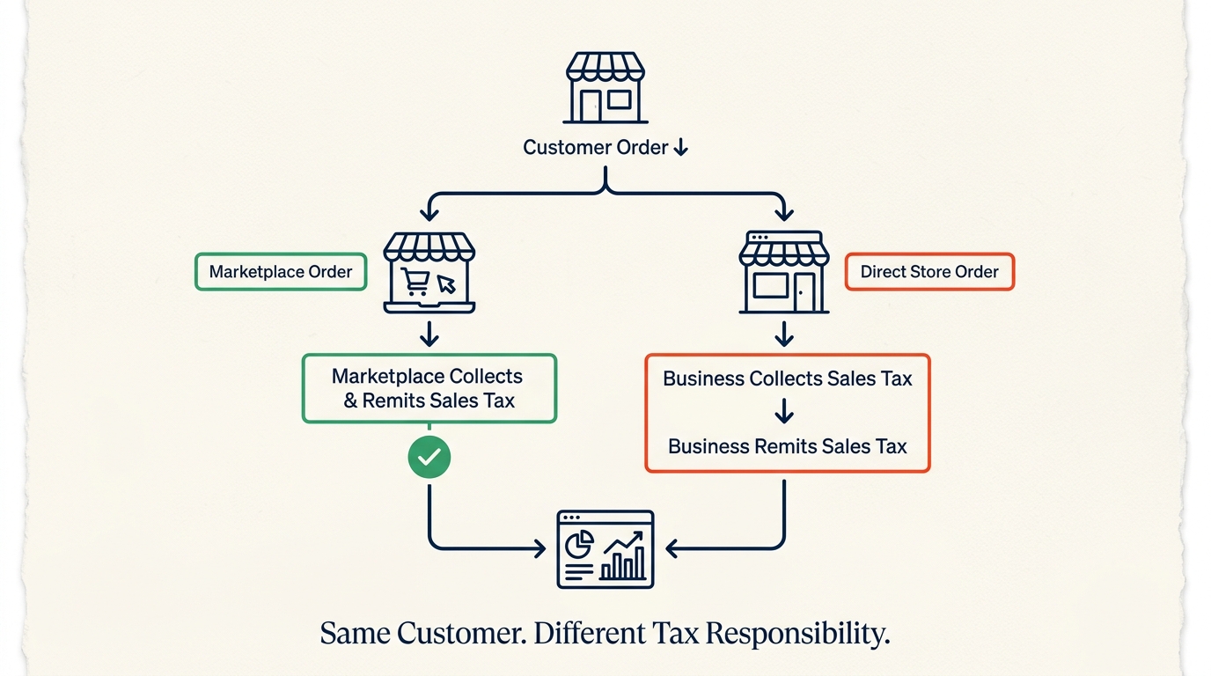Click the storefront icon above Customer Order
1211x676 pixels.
click(605, 88)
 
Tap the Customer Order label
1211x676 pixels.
click(595, 147)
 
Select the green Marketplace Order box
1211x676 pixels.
click(281, 271)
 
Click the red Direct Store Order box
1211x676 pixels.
click(929, 271)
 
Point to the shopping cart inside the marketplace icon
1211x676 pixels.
click(415, 282)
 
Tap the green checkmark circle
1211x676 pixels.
click(429, 458)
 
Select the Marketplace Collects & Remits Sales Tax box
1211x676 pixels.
click(429, 388)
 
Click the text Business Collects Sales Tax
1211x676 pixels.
click(787, 378)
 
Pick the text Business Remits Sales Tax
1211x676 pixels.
click(787, 446)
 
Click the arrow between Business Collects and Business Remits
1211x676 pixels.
click(784, 411)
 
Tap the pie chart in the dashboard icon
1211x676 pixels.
click(579, 544)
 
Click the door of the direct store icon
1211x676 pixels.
click(804, 292)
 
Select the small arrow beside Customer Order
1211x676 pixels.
click(681, 147)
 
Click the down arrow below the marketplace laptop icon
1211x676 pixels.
click(429, 334)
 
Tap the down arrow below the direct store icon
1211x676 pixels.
click(784, 334)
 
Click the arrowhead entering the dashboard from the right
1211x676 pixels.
click(672, 548)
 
